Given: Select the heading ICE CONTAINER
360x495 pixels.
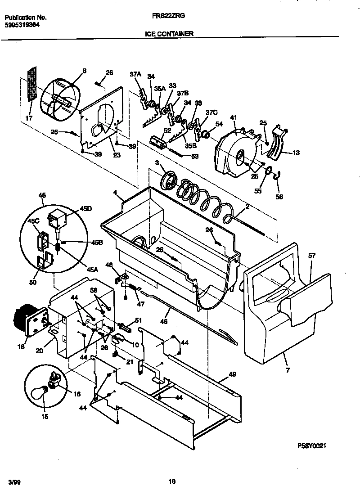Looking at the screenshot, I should (x=169, y=33).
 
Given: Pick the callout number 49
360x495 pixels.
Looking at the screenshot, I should (x=232, y=374).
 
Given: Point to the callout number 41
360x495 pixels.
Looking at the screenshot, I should (x=233, y=117).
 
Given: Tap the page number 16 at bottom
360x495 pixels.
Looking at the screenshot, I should (x=171, y=481).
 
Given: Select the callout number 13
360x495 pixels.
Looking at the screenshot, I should (x=296, y=153).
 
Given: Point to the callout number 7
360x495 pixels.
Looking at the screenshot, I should (x=287, y=371).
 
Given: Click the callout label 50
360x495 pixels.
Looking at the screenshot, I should (x=32, y=282).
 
